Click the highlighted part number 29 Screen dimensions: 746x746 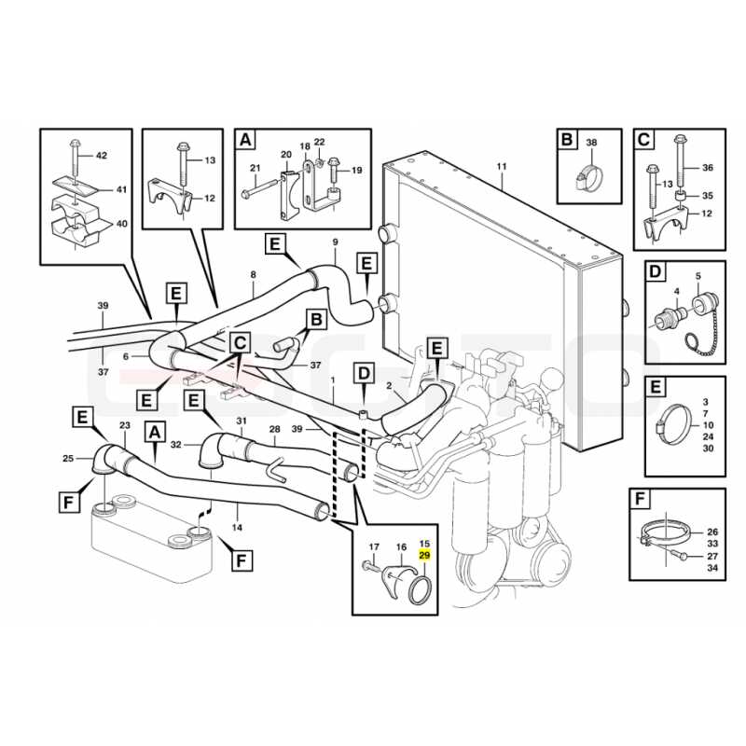tap(424, 555)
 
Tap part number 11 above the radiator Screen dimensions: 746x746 tap(502, 167)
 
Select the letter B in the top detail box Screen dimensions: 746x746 tap(567, 140)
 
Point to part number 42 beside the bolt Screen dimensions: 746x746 tap(102, 155)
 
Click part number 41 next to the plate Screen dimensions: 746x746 tap(122, 189)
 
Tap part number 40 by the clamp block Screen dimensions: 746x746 tap(122, 223)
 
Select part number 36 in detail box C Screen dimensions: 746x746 tap(708, 168)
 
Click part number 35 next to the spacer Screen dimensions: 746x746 tap(708, 196)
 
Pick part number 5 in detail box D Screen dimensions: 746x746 tap(698, 276)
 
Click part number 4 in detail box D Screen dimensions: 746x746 tap(677, 292)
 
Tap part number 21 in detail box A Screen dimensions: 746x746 tap(256, 168)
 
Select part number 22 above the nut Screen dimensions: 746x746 tap(320, 142)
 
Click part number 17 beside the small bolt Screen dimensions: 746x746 tap(374, 547)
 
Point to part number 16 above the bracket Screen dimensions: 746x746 tap(401, 547)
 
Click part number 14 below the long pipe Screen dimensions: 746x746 tap(237, 527)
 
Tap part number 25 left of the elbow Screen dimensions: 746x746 tap(68, 458)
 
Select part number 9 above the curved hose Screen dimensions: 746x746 tap(335, 242)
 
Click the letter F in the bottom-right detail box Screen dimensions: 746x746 tap(640, 500)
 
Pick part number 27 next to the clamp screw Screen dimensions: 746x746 tap(712, 556)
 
